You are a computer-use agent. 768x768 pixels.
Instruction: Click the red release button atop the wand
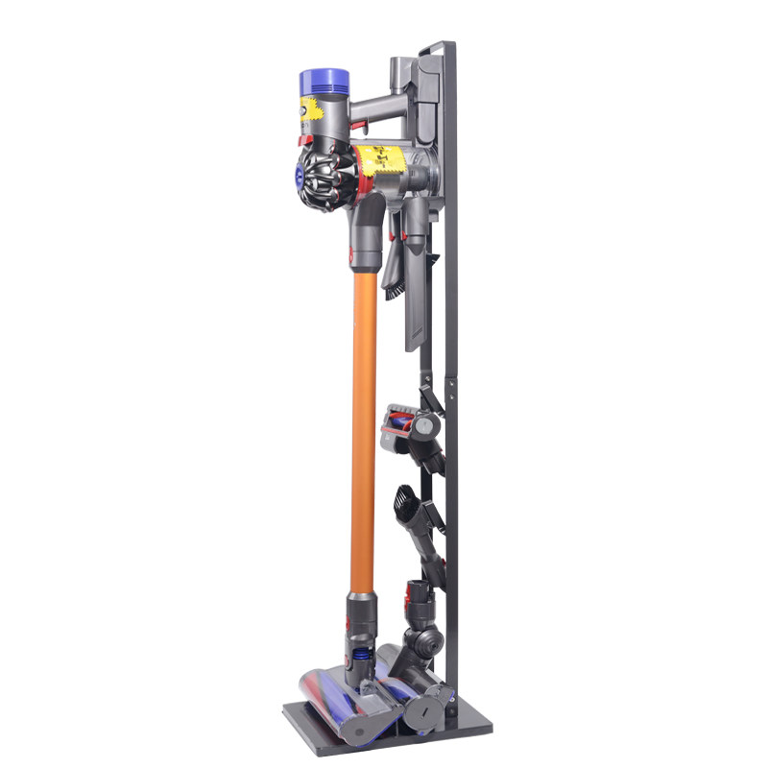pos(356,254)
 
